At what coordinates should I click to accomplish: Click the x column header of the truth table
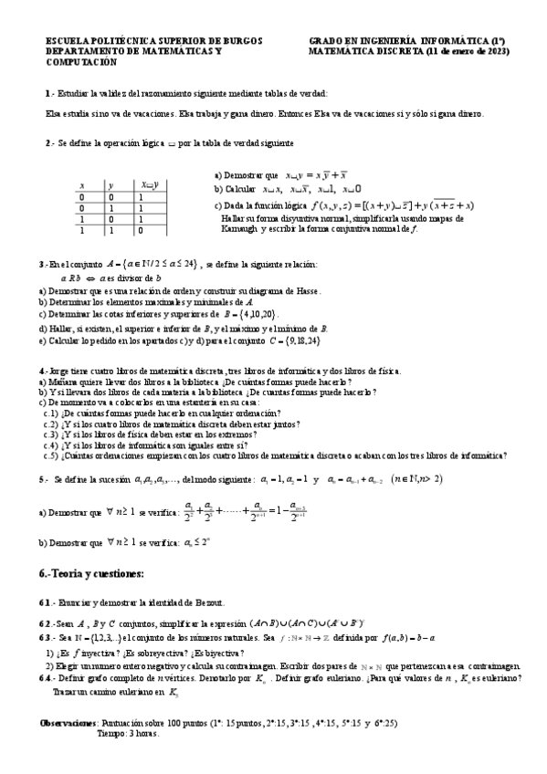pos(57,185)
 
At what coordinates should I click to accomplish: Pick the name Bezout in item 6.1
pos(223,604)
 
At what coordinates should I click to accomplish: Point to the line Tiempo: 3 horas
pos(128,732)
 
